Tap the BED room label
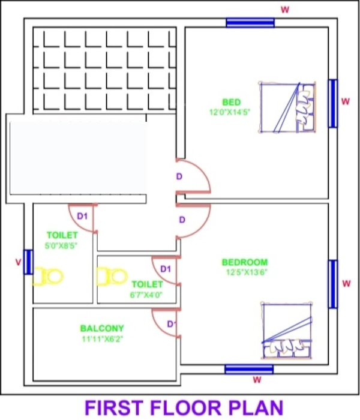pos(231,103)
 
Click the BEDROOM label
pos(245,262)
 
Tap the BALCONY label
pos(102,328)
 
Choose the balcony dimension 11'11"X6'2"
pos(102,338)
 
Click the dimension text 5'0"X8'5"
pos(62,245)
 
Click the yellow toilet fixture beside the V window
pos(49,277)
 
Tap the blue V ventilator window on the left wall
pos(28,262)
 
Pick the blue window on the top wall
pos(250,23)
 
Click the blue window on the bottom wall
pos(249,369)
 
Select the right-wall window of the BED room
pos(332,103)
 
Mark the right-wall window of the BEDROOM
pos(332,284)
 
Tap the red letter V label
pos(17,262)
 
